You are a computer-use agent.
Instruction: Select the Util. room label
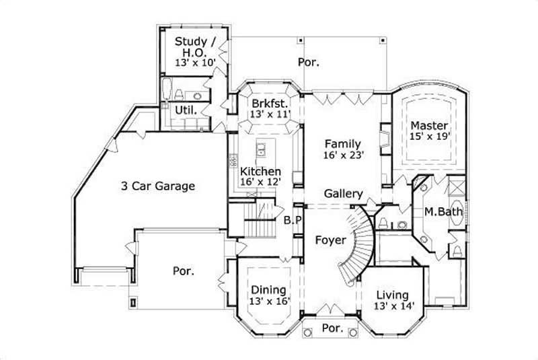(186, 109)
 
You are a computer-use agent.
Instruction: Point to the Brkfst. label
(270, 104)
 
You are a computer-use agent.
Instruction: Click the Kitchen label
(260, 172)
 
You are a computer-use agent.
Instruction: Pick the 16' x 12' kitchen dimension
(260, 182)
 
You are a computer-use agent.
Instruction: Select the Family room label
(343, 143)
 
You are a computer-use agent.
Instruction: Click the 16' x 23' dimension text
(343, 154)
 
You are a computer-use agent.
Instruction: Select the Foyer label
(330, 240)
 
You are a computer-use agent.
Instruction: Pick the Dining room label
(269, 289)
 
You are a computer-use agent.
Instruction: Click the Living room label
(393, 295)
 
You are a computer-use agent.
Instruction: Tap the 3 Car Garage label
(158, 186)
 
